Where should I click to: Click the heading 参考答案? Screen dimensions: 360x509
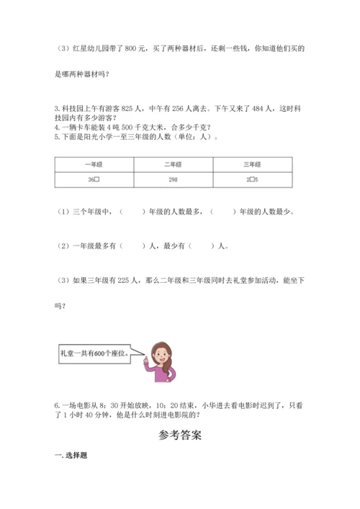180,436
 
